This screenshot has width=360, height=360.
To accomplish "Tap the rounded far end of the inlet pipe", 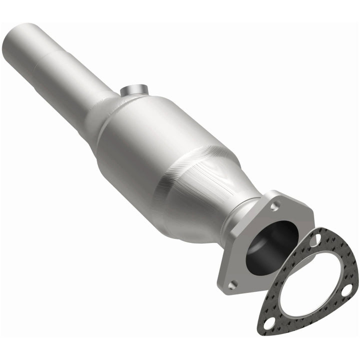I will (x=20, y=37).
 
